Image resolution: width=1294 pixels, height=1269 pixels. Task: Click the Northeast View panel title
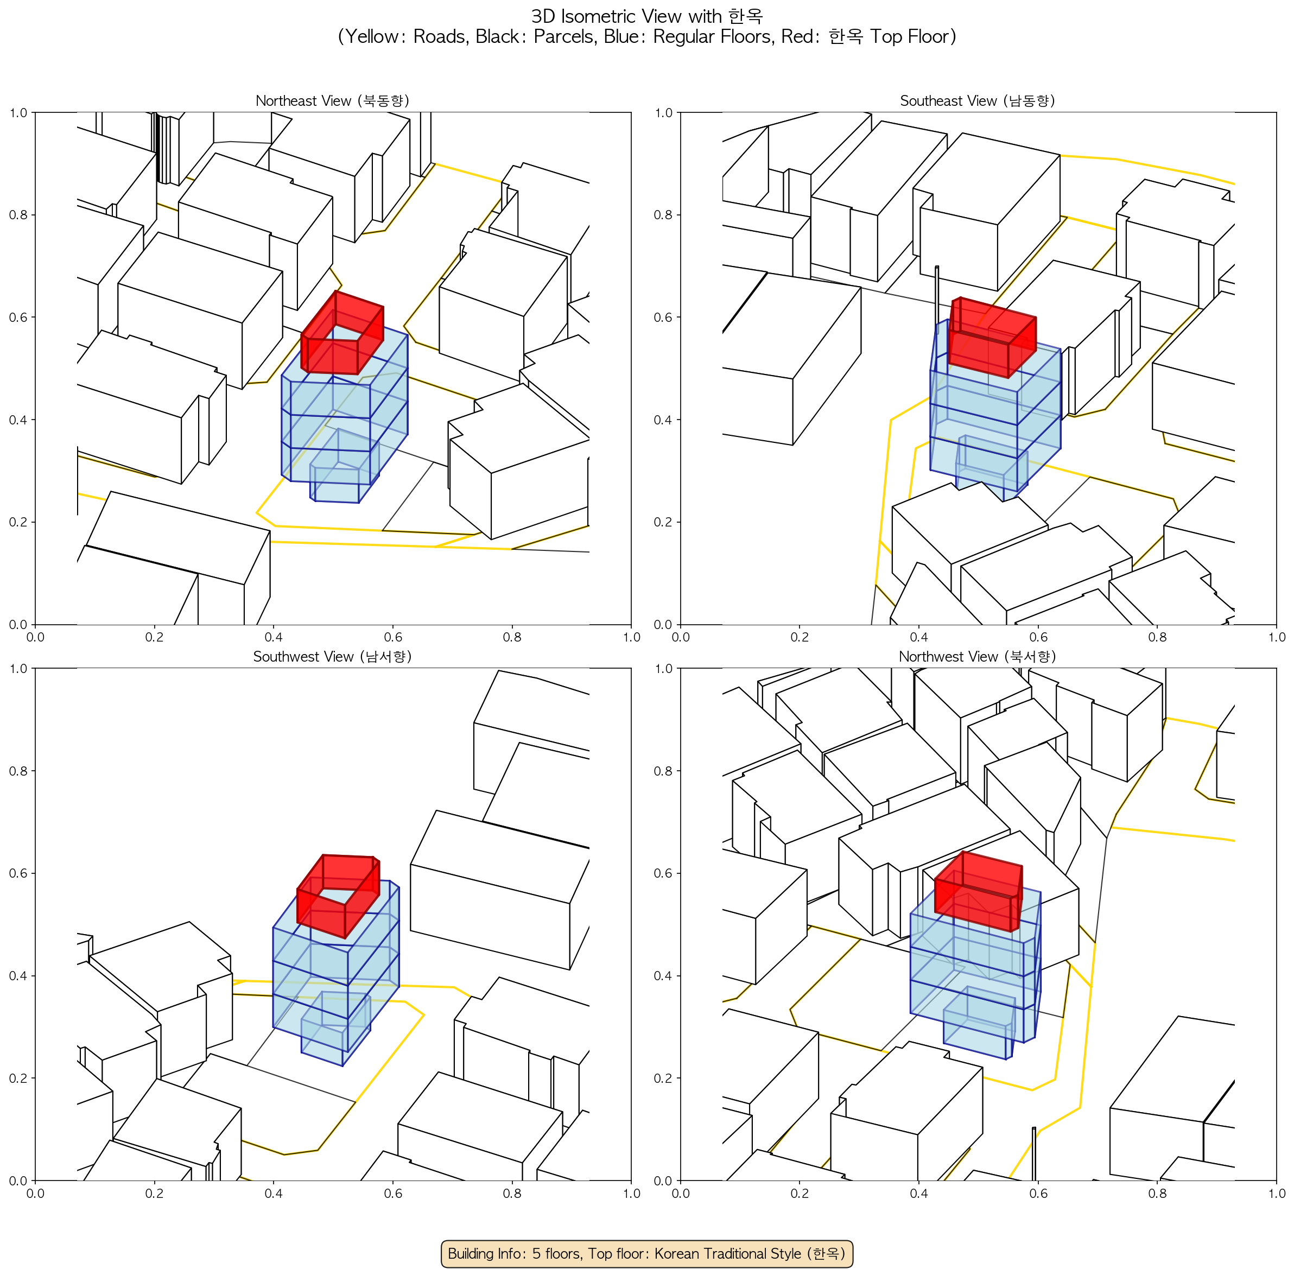pos(332,100)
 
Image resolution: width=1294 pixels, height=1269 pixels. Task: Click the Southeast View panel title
pos(978,100)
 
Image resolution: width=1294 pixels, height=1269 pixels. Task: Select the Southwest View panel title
pos(332,657)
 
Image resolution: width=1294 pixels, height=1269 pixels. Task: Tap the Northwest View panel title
pos(978,657)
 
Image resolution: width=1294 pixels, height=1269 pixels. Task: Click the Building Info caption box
pos(646,1253)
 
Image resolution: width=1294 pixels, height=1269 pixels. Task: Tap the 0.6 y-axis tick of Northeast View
pos(18,317)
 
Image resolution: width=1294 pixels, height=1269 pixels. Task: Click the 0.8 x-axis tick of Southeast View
pos(1157,637)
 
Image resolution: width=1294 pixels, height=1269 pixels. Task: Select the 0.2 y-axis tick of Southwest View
pos(18,1078)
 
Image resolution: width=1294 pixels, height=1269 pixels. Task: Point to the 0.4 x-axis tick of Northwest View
pos(919,1193)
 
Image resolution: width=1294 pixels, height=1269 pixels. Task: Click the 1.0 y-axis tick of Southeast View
pos(663,113)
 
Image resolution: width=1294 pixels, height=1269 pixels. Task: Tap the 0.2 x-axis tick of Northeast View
pos(155,637)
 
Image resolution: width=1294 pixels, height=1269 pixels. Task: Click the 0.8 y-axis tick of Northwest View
pos(663,771)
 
